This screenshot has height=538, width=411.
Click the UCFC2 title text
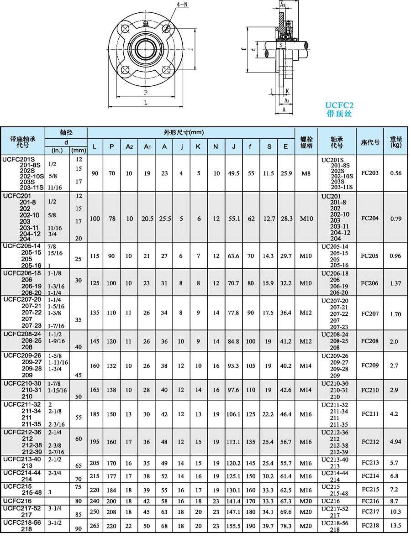pos(339,105)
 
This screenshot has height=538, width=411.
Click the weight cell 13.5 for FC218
pos(395,526)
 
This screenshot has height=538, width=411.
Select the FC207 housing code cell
pos(370,314)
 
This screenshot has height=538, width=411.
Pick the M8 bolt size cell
pos(306,173)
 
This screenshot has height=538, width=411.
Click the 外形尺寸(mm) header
pos(184,133)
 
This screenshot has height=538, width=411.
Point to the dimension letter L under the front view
pos(146,103)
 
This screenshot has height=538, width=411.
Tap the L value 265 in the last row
pos(95,526)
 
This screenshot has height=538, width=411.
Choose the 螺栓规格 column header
pos(306,142)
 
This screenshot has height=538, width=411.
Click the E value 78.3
pos(285,526)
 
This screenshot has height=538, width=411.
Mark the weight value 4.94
pos(395,442)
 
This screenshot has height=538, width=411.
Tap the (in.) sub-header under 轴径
pos(57,150)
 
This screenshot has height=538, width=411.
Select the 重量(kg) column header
pos(395,142)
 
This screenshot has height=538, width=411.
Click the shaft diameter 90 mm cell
pos(79,529)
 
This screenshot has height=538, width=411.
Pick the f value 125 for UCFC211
pos(251,414)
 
